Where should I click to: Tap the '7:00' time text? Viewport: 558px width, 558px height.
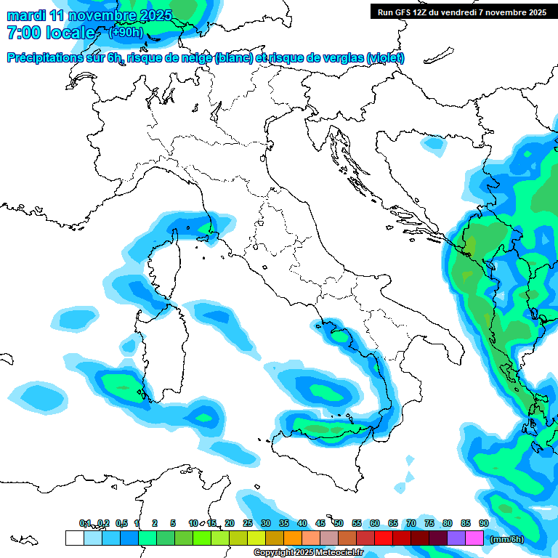click(x=23, y=33)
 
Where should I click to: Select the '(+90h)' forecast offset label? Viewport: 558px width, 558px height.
click(x=126, y=33)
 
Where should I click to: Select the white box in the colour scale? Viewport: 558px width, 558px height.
click(x=74, y=538)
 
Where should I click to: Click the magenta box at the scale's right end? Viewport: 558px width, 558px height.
click(x=474, y=538)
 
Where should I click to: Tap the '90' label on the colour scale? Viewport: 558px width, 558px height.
click(x=483, y=523)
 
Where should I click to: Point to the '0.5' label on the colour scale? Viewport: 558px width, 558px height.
click(x=121, y=523)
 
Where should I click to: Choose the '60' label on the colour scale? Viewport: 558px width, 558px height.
click(x=374, y=523)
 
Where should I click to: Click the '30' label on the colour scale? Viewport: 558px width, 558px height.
click(x=265, y=523)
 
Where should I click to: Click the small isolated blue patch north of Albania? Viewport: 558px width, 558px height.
click(x=434, y=145)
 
